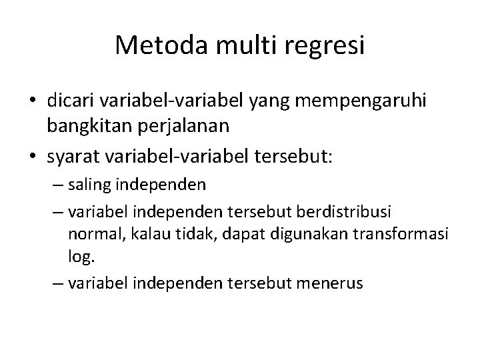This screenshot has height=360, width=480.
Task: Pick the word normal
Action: [91, 233]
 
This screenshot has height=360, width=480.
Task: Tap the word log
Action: [78, 255]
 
